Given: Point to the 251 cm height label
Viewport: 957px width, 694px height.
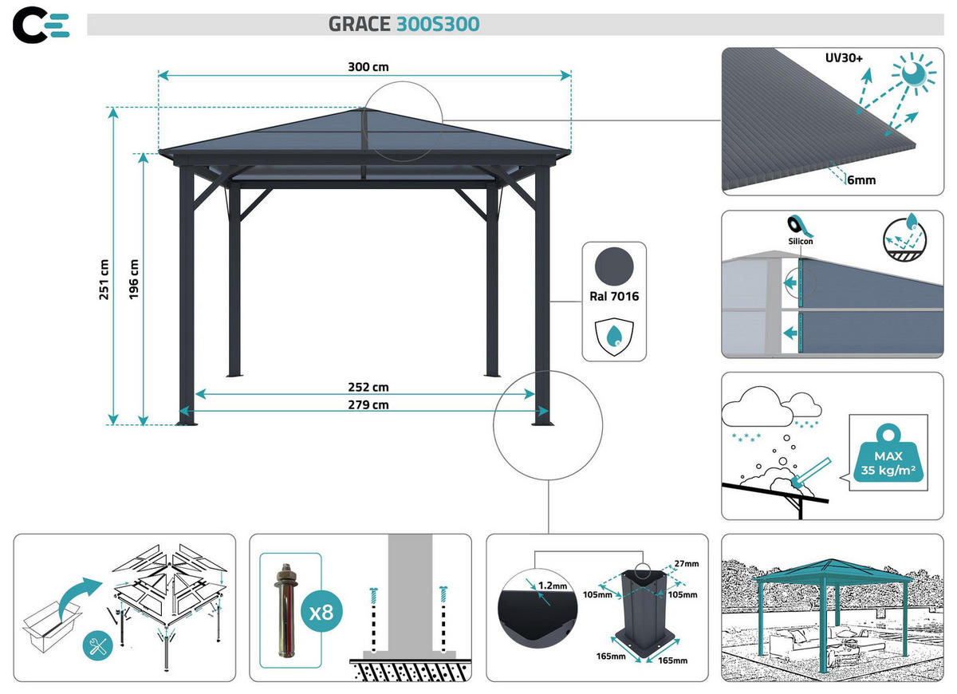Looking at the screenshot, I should (104, 280).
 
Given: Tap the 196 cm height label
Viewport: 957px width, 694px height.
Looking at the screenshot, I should (134, 280).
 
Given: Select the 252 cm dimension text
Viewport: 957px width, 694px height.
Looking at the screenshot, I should (369, 387).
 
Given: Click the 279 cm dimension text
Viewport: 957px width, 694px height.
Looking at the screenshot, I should (369, 404).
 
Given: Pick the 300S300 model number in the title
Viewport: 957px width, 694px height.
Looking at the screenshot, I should (438, 25).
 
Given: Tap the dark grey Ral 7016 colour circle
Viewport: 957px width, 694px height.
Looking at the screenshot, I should (613, 265).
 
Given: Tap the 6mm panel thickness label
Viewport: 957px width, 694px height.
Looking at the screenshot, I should (861, 180).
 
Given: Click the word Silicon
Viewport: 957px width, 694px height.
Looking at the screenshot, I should (801, 240).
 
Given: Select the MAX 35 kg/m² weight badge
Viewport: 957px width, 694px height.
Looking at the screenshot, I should (888, 459).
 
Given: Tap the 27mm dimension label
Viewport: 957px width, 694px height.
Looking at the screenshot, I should (685, 564).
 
